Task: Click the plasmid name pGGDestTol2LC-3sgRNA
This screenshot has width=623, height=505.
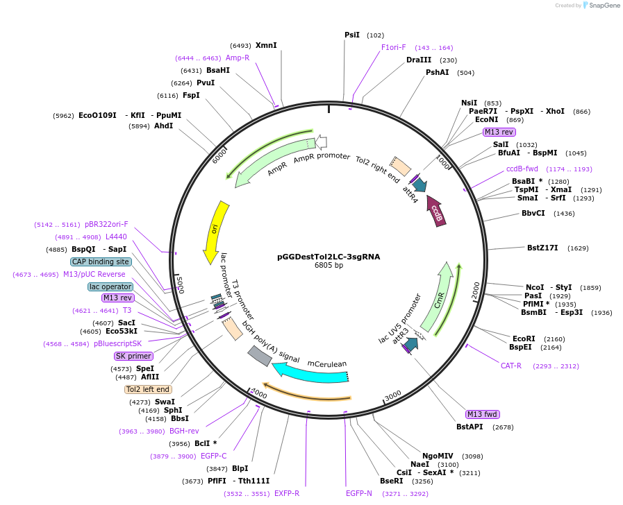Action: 329,256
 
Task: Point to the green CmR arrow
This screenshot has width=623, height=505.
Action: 438,298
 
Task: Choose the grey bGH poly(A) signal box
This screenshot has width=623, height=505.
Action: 260,356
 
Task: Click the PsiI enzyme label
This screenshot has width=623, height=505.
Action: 352,35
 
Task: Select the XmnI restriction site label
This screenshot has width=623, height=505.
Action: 266,45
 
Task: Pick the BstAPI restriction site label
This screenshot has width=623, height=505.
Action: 470,427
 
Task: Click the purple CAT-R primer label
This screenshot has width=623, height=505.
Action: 510,366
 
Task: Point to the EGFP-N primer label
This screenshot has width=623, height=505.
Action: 359,493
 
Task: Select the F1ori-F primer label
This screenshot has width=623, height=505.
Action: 394,47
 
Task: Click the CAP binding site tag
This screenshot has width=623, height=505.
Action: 100,262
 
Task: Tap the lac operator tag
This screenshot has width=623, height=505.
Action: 110,286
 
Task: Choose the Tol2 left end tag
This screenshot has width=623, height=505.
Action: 148,389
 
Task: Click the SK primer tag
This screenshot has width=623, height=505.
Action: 133,356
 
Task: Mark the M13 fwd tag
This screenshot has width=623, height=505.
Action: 483,414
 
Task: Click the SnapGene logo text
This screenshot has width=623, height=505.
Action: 601,6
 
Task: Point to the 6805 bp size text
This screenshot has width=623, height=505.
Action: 329,265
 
